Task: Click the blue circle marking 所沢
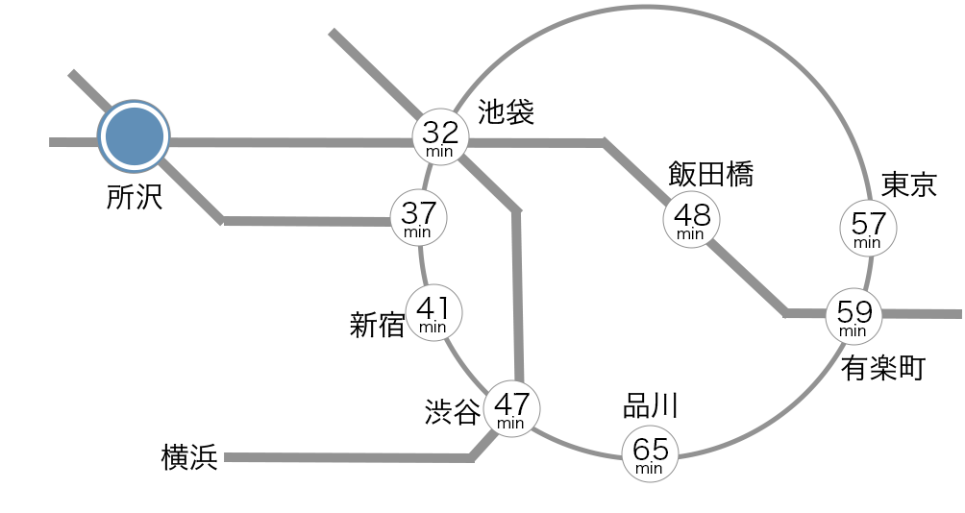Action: [135, 136]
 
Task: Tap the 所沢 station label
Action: [135, 198]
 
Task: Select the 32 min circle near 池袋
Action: [441, 136]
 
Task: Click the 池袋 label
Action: [507, 112]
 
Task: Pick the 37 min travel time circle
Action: [419, 217]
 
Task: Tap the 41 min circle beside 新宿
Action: [433, 312]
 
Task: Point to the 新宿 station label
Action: [377, 326]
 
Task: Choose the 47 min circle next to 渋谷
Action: [511, 408]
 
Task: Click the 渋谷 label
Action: [453, 412]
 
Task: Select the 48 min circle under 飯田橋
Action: [691, 219]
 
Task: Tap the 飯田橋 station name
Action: [710, 175]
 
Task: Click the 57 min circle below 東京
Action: [868, 229]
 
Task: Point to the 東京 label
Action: [908, 184]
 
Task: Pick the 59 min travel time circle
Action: [854, 316]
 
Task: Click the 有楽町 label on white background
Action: [880, 368]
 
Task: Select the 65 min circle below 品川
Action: [650, 453]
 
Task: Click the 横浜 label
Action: [189, 458]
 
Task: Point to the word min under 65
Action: [650, 469]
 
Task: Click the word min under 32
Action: [441, 152]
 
